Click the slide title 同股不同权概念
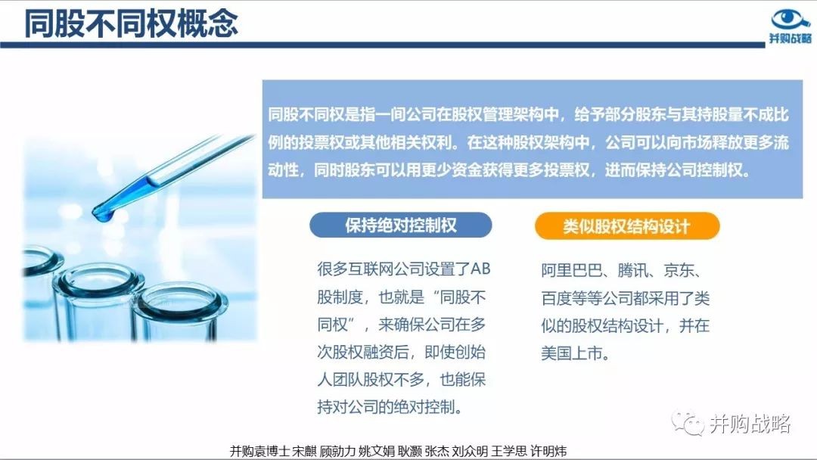(x=131, y=23)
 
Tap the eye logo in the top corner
(x=789, y=19)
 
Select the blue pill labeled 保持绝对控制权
(x=401, y=225)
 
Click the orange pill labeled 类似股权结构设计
(x=627, y=226)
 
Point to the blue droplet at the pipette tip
(x=103, y=213)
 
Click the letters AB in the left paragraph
(x=480, y=269)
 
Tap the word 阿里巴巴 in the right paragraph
(x=572, y=270)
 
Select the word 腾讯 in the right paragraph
(x=633, y=270)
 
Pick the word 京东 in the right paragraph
(x=679, y=270)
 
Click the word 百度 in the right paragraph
(x=557, y=298)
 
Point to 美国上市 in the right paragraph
(x=572, y=353)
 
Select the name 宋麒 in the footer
(x=304, y=451)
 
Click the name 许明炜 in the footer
(x=548, y=451)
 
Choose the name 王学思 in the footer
(x=509, y=451)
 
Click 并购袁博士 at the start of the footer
(x=259, y=451)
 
